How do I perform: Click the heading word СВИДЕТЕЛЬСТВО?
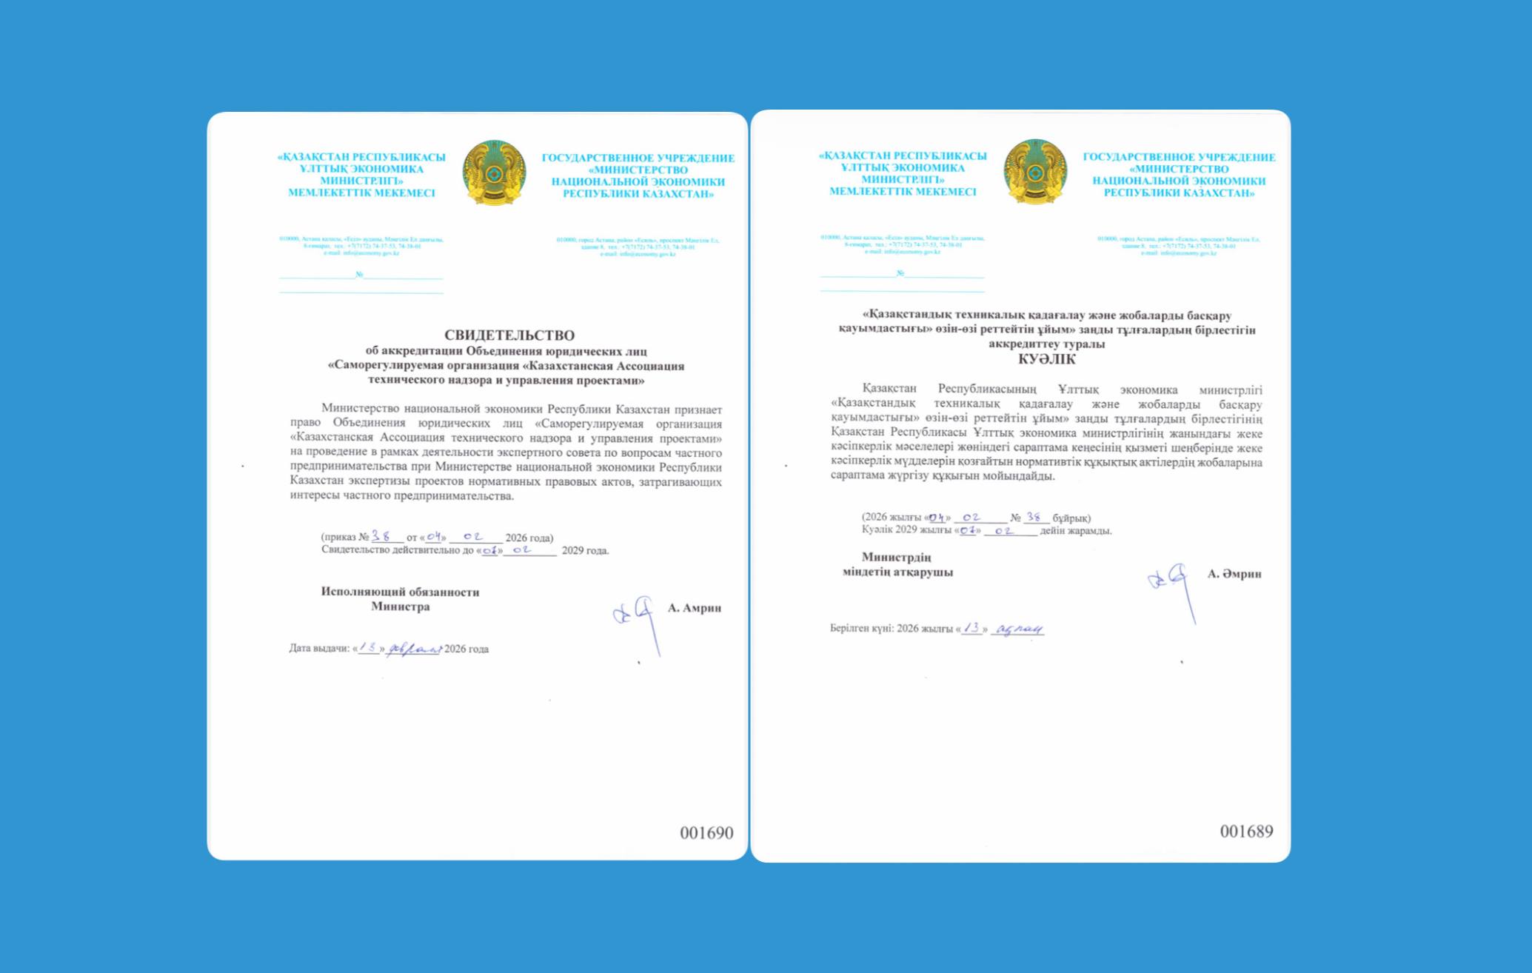click(x=509, y=335)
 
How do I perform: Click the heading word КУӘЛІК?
click(x=1047, y=360)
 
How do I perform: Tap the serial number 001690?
click(x=706, y=833)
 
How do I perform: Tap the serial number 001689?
click(x=1246, y=832)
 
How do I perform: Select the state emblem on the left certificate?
click(x=495, y=173)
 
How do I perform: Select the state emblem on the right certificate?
click(x=1035, y=172)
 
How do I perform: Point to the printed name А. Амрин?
click(x=695, y=608)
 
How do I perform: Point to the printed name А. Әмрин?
click(x=1234, y=574)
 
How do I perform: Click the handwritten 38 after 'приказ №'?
click(x=381, y=536)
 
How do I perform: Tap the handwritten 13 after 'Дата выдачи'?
click(x=368, y=648)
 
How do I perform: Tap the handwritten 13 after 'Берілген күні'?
click(x=971, y=628)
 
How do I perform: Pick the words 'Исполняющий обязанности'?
click(x=400, y=592)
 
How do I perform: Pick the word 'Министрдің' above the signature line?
click(x=896, y=558)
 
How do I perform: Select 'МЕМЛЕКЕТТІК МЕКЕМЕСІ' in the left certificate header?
click(x=361, y=193)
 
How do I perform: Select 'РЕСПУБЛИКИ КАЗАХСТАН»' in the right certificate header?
click(x=1179, y=193)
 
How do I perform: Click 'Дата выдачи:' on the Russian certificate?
click(x=319, y=649)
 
